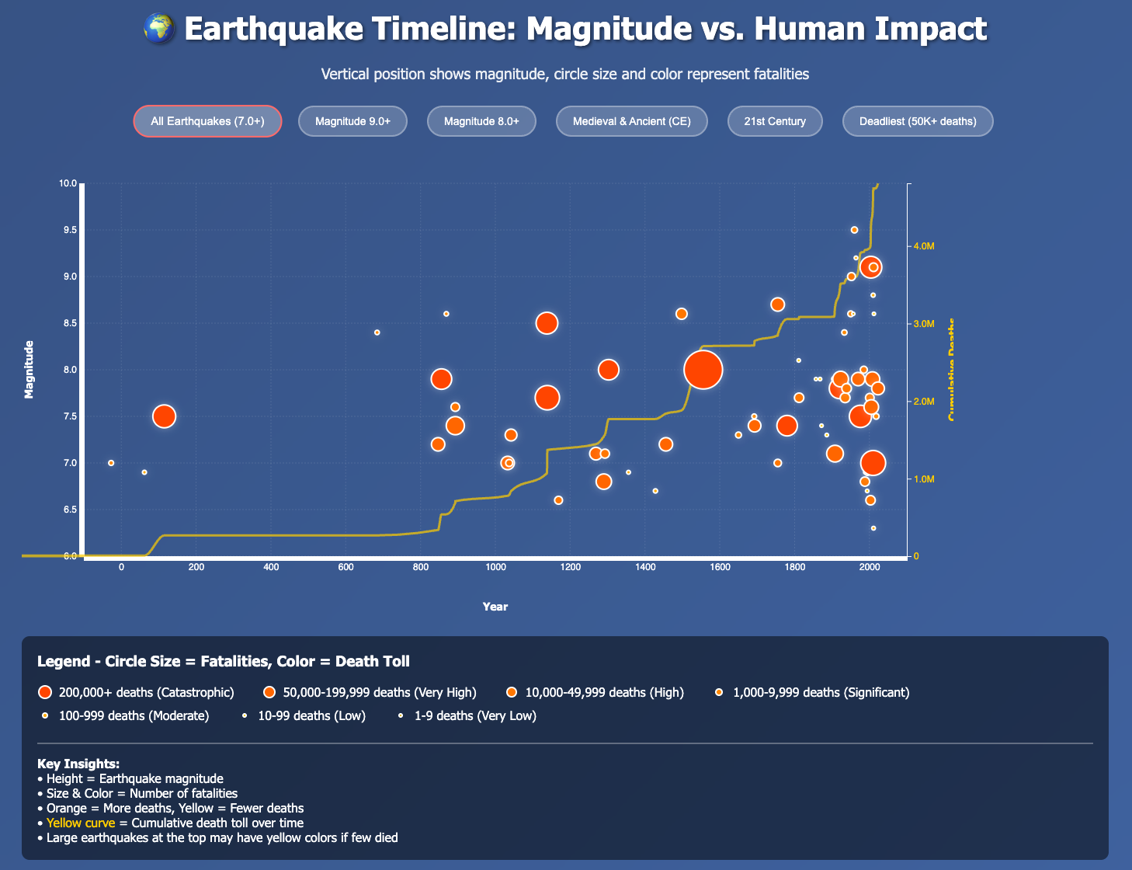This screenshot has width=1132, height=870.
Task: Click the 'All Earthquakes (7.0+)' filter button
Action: point(207,121)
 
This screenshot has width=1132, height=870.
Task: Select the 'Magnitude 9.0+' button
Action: point(352,121)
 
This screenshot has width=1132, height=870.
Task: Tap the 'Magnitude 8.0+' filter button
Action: point(481,121)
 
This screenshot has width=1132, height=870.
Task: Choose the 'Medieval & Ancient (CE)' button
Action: point(631,121)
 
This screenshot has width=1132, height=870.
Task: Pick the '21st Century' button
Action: point(774,121)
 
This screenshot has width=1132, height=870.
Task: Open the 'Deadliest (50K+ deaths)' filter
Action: point(918,121)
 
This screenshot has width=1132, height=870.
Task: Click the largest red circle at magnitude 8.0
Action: point(703,370)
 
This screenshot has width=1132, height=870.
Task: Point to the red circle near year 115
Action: point(164,416)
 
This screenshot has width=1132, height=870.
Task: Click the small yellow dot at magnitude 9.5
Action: point(854,230)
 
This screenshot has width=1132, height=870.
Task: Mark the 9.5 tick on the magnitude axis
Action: point(69,230)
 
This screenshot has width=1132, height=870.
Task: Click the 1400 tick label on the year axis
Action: point(645,567)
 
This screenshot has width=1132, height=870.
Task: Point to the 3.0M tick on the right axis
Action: point(924,324)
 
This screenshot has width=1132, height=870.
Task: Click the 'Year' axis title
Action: point(495,607)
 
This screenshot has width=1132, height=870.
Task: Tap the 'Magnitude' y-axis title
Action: point(30,370)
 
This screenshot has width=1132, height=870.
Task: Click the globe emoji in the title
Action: point(159,30)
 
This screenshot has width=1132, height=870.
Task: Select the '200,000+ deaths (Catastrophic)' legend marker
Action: point(45,692)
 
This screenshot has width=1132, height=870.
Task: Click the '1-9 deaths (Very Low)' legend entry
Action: point(474,715)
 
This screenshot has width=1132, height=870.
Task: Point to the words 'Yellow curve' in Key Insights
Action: point(81,823)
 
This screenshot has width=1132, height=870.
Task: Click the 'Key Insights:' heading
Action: point(78,764)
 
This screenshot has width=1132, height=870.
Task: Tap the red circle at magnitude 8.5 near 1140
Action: point(547,323)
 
